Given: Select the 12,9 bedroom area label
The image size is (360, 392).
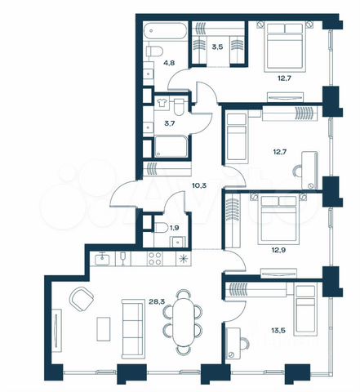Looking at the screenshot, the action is (x=278, y=248).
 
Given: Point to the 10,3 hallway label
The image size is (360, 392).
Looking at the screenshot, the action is (x=199, y=186).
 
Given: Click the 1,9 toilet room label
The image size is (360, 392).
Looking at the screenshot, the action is (x=174, y=228).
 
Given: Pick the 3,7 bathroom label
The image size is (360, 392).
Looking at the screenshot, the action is (x=170, y=123).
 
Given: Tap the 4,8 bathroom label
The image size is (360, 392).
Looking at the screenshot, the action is (x=170, y=63).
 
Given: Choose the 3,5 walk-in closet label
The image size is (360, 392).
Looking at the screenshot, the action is (x=217, y=47).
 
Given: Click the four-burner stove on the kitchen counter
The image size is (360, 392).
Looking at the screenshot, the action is (x=155, y=258).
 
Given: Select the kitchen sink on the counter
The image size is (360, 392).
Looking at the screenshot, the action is (x=103, y=259).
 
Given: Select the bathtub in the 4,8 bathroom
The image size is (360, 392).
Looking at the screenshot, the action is (x=166, y=31).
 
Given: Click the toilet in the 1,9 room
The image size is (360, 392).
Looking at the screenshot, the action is (x=161, y=228).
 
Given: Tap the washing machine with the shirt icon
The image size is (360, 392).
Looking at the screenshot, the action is (x=162, y=103).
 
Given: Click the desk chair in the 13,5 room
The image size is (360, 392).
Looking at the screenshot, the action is (x=244, y=344).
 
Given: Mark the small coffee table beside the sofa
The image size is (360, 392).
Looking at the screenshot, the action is (x=104, y=329).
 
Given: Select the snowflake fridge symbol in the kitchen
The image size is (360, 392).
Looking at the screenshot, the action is (x=182, y=259).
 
